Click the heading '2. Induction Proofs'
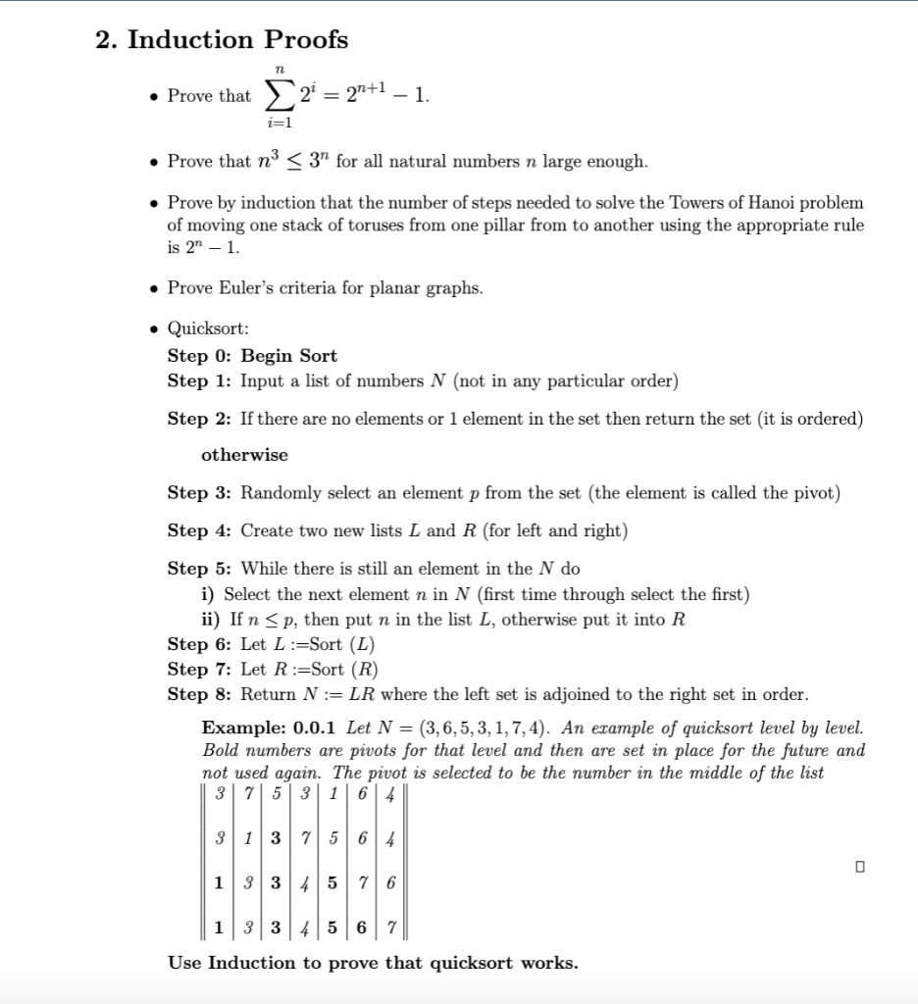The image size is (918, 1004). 222,40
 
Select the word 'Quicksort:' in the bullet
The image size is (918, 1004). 208,329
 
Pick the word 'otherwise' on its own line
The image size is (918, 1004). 244,456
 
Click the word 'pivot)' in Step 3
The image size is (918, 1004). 815,493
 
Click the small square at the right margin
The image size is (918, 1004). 860,867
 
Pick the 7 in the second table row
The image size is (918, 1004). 306,838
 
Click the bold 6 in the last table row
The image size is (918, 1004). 362,927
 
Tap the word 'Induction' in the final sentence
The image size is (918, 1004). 254,963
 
